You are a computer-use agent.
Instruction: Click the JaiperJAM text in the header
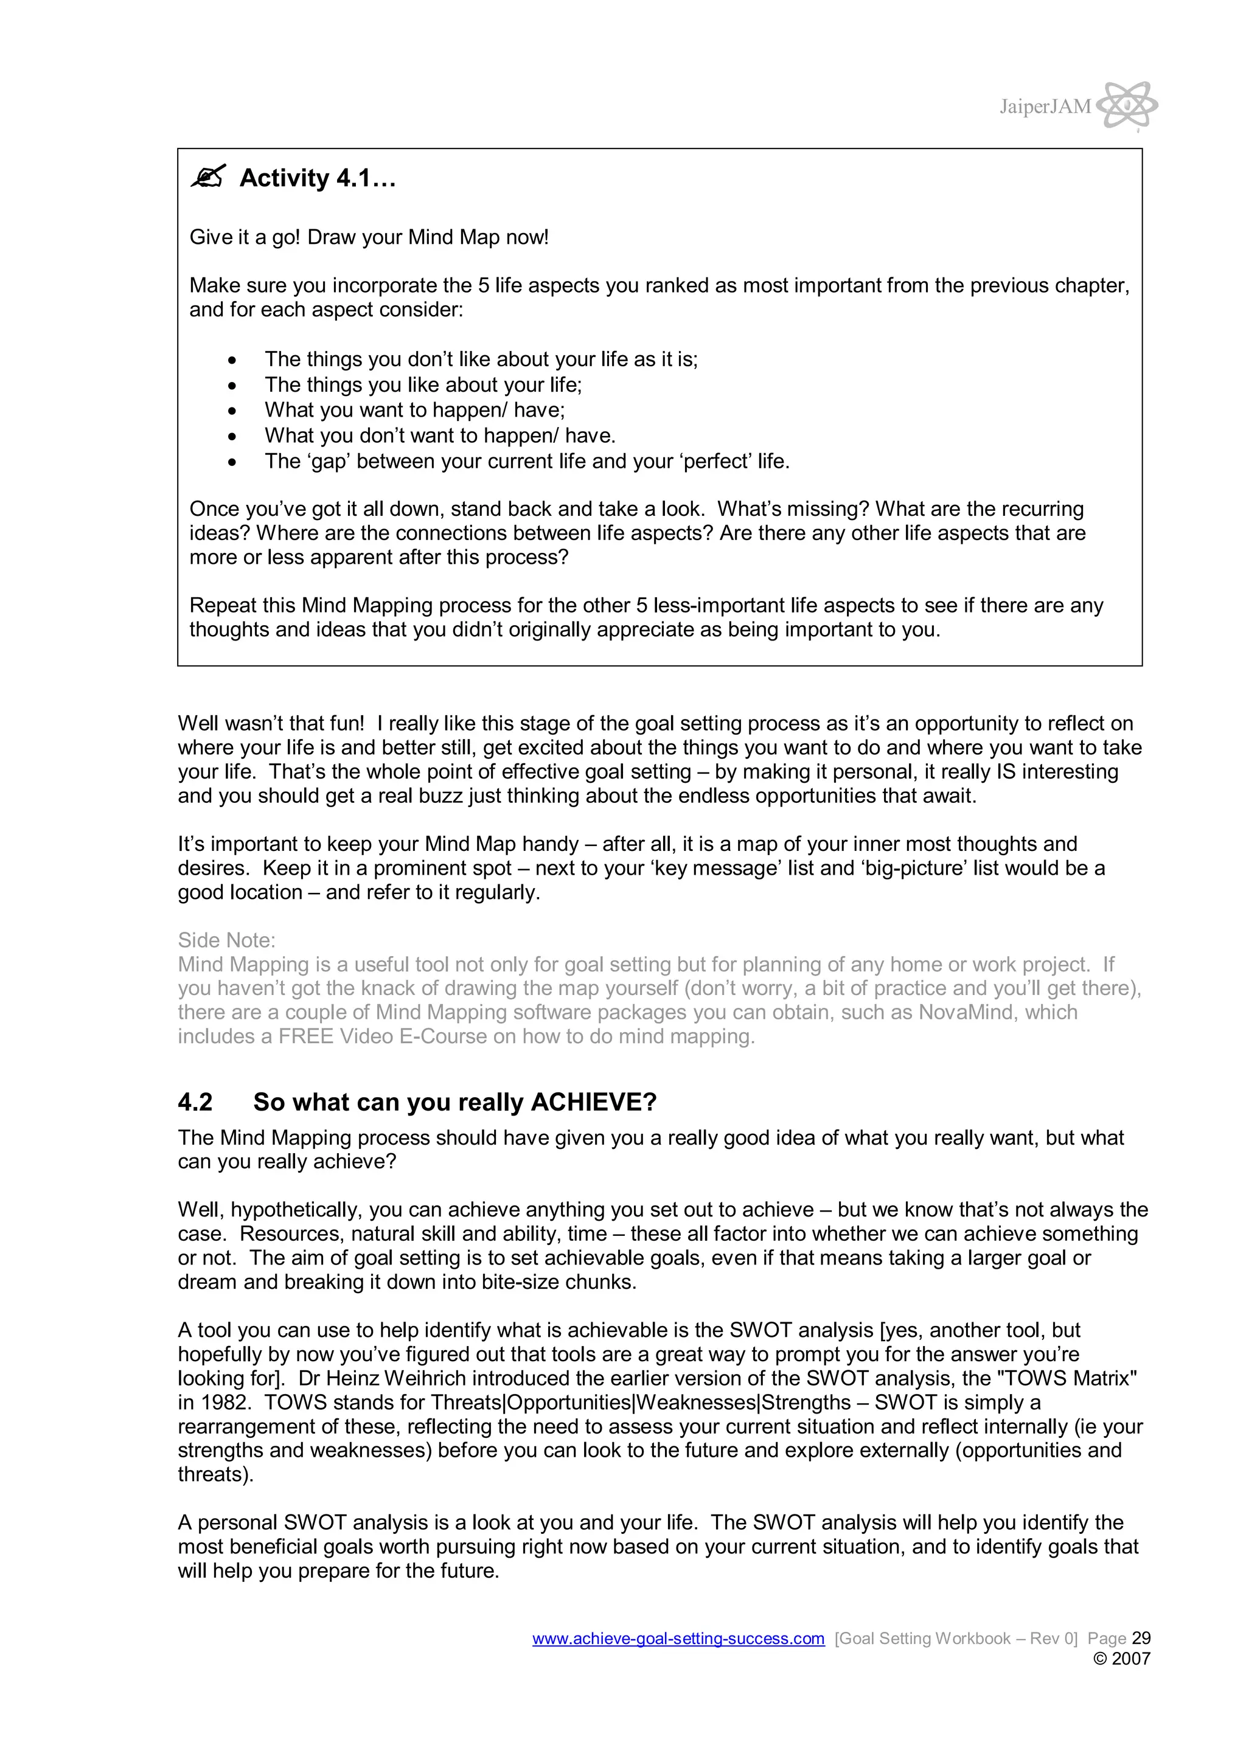tap(1044, 106)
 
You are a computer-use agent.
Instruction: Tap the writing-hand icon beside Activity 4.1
tap(208, 176)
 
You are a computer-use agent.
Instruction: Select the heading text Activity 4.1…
tap(317, 178)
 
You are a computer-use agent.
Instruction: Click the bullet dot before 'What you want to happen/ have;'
tap(232, 411)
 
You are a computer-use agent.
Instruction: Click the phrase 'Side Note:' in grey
tap(226, 940)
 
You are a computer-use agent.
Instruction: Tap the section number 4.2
tap(195, 1102)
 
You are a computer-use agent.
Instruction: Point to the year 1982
tap(225, 1403)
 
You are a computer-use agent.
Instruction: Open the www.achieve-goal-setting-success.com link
tap(678, 1639)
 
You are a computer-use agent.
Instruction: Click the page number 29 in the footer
tap(1141, 1639)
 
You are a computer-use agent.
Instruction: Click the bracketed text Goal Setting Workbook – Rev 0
tap(956, 1639)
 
